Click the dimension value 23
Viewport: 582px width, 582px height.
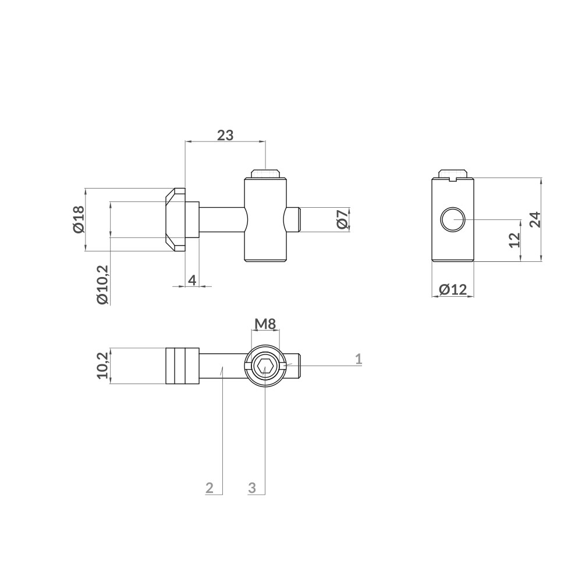pos(225,135)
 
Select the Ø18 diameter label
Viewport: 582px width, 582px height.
pos(79,219)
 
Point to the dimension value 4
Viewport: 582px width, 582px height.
pos(192,280)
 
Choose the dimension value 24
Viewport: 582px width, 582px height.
pos(535,219)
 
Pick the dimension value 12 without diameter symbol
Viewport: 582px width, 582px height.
pos(513,240)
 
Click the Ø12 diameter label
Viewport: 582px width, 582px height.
pos(453,289)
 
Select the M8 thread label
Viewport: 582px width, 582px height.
pos(265,324)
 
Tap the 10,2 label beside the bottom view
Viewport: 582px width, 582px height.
pos(102,365)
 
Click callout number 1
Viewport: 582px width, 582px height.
pos(359,359)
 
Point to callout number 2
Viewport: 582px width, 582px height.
pos(210,488)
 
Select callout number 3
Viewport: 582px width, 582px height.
pos(252,488)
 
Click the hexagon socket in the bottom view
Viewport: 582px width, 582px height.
pos(265,367)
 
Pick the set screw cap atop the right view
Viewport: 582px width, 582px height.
pos(453,174)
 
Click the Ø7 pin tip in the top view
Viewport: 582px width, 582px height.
pos(294,219)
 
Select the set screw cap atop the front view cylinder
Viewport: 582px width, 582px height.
pos(265,173)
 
